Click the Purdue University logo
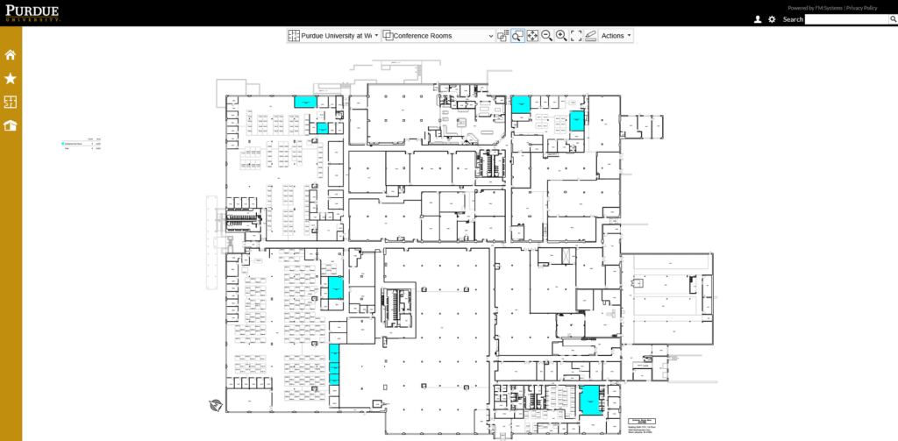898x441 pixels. pyautogui.click(x=32, y=11)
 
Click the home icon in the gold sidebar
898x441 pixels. pyautogui.click(x=11, y=55)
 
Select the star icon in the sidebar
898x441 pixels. pyautogui.click(x=11, y=79)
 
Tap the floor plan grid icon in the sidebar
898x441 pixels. pyautogui.click(x=11, y=103)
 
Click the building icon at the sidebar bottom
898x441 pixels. pyautogui.click(x=11, y=125)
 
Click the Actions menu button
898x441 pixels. pyautogui.click(x=616, y=36)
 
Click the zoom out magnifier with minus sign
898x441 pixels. pyautogui.click(x=546, y=36)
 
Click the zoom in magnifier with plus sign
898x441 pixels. pyautogui.click(x=561, y=36)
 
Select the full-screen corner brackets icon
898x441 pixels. pyautogui.click(x=576, y=36)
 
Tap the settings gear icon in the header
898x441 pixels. pyautogui.click(x=772, y=19)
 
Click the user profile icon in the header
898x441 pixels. pyautogui.click(x=758, y=19)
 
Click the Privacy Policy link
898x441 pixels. pyautogui.click(x=861, y=8)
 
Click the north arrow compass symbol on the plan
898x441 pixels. pyautogui.click(x=215, y=405)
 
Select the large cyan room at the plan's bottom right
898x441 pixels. pyautogui.click(x=589, y=399)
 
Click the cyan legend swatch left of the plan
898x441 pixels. pyautogui.click(x=63, y=143)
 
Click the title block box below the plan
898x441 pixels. pyautogui.click(x=645, y=423)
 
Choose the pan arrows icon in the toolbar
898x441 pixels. pyautogui.click(x=532, y=36)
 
